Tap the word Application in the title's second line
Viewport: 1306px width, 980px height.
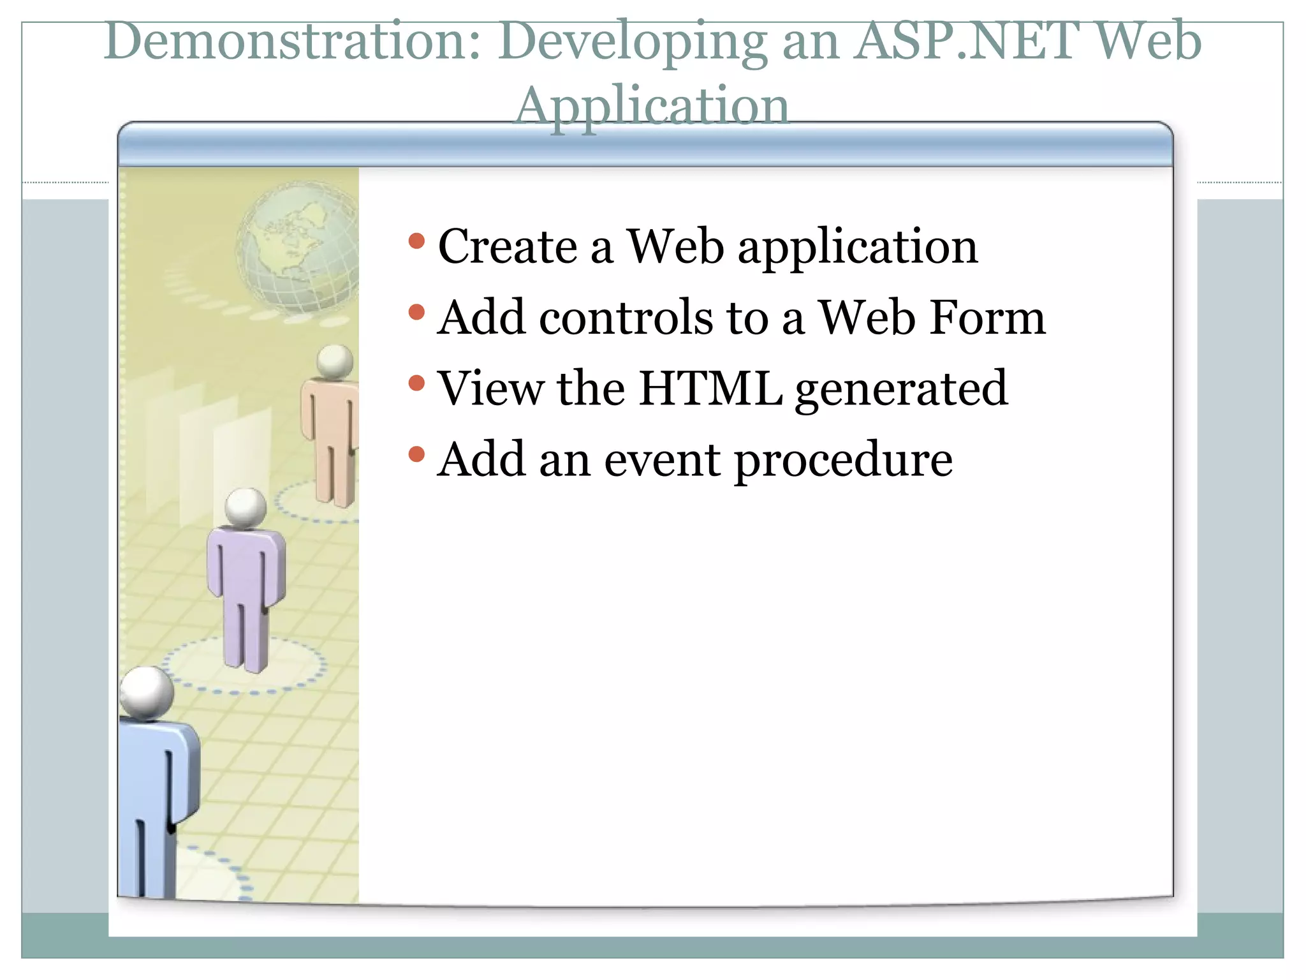[x=652, y=106]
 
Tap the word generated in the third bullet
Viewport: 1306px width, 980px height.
[x=901, y=389]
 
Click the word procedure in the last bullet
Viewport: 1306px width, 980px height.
[x=843, y=461]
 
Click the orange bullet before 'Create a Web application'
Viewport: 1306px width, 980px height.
[x=416, y=241]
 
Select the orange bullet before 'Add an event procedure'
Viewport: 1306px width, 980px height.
[x=416, y=454]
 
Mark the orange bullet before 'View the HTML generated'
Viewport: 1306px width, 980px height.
[x=416, y=383]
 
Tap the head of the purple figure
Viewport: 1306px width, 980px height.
[x=246, y=507]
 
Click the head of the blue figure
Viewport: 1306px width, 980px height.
[x=147, y=693]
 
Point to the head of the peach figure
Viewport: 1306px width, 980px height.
[x=335, y=361]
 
